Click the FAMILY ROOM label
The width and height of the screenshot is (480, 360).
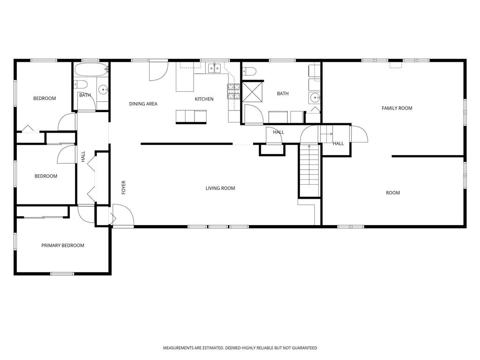tap(397, 108)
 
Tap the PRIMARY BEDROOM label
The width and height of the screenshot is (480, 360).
tap(63, 246)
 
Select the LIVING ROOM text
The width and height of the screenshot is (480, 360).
tap(220, 188)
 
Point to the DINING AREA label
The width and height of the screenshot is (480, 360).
tap(143, 104)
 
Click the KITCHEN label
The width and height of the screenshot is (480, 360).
tap(204, 99)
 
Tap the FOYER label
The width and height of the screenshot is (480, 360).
tap(124, 187)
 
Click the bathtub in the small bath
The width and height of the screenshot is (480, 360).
tap(91, 70)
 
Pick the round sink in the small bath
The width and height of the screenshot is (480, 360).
tap(103, 90)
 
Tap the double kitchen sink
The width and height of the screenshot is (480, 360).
tap(214, 68)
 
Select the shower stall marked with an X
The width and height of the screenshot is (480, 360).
tap(253, 91)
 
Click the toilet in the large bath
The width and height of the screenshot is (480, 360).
tap(249, 71)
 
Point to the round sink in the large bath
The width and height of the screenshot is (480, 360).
tap(315, 97)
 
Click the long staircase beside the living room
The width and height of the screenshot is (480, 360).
tap(309, 170)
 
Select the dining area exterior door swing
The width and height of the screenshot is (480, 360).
tap(158, 71)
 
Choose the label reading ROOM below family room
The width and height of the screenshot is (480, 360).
tap(393, 193)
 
